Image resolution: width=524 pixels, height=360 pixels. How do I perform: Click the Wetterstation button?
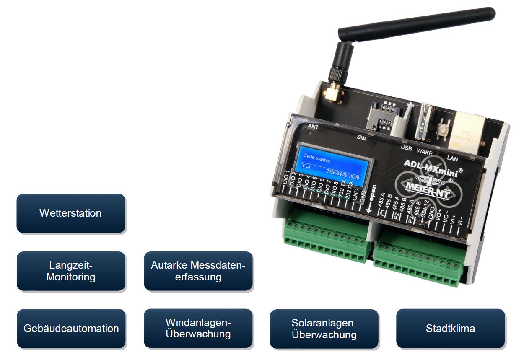71,213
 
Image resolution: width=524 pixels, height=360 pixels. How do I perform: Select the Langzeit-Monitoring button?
71,271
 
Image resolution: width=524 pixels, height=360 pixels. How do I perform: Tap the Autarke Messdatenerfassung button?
198,271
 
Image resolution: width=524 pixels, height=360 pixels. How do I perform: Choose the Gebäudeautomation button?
71,329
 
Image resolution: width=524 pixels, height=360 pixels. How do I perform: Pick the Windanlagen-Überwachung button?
198,329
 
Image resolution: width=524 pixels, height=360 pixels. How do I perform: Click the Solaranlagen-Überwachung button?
324,329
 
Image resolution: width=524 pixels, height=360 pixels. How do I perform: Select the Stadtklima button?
450,329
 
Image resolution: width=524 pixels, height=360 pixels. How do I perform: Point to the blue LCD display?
331,165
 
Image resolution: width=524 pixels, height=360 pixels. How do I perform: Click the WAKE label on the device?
425,153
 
